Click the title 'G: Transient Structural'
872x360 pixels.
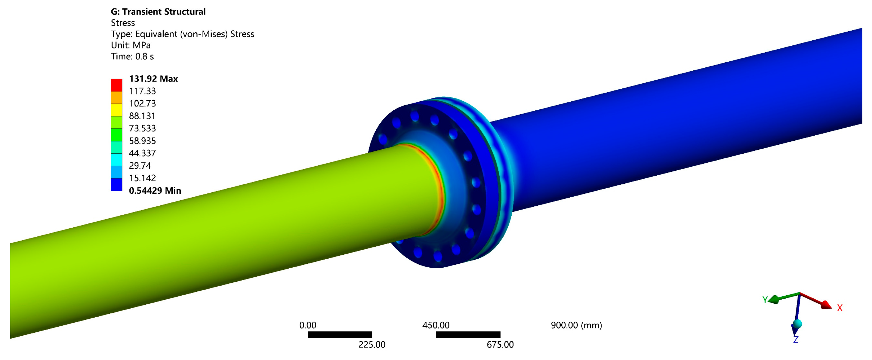158,12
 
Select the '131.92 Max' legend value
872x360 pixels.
153,79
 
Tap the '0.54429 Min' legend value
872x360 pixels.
155,191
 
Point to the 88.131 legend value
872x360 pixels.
142,116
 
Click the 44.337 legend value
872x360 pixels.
142,153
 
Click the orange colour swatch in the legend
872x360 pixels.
116,98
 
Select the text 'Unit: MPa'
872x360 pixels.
131,45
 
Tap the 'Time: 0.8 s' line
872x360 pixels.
132,57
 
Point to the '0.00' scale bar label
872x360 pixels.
308,325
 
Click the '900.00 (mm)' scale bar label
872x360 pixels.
576,325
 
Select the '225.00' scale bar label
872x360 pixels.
372,345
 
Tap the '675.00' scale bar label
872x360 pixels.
500,345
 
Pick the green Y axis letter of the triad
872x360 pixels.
765,300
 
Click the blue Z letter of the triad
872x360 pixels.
796,340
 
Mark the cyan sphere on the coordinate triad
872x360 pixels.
797,324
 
